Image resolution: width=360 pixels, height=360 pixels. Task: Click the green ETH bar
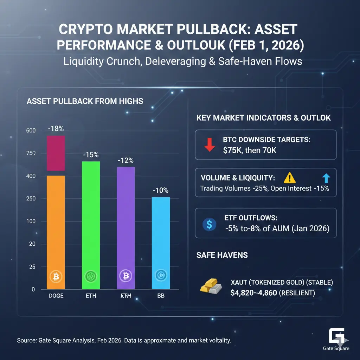91,225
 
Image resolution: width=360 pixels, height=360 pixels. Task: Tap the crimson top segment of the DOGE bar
56,153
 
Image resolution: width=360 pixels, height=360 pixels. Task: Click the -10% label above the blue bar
161,191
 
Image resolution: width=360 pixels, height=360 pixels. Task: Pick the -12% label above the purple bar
126,160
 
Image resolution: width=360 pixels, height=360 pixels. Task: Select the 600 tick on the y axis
31,131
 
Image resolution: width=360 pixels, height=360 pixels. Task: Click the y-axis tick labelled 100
31,221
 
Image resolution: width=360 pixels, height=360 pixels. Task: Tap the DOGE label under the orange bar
56,296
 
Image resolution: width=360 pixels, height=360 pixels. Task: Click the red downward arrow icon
210,144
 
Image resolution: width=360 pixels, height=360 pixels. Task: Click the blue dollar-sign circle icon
210,224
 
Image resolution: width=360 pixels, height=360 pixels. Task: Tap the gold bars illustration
211,286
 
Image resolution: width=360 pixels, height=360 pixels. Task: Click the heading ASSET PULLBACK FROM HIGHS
85,101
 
